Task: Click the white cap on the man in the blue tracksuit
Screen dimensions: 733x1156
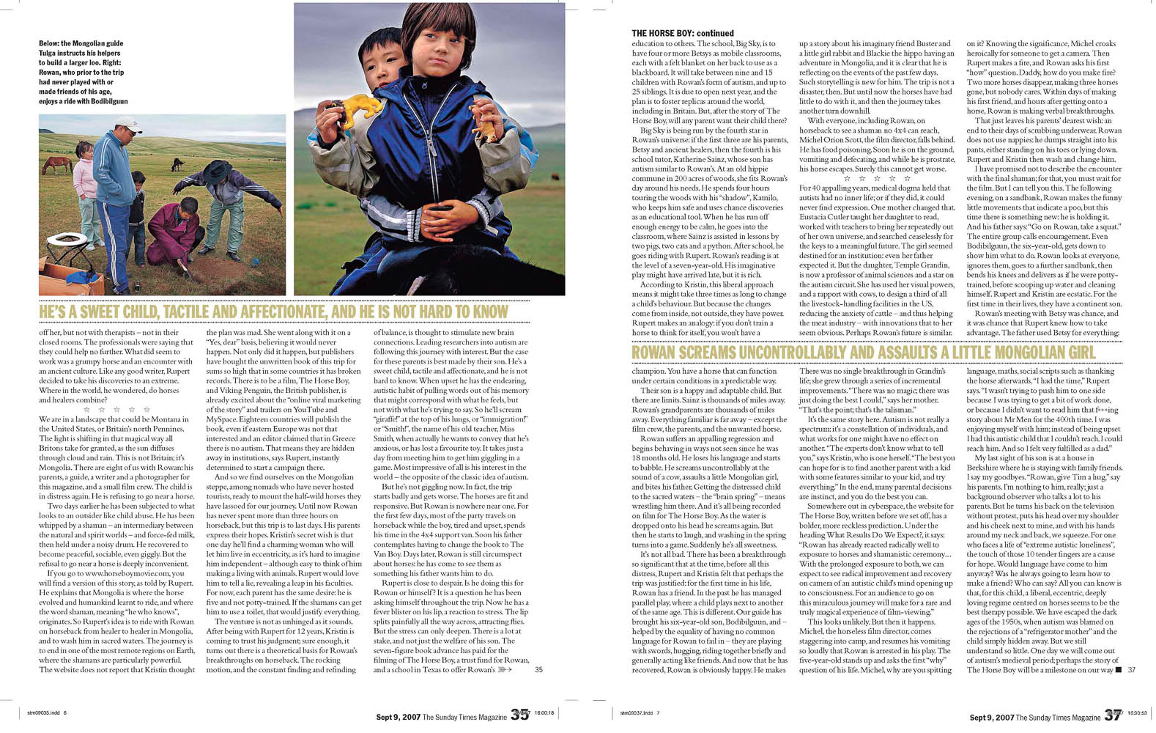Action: point(127,123)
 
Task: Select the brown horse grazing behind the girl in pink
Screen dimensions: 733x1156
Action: point(56,163)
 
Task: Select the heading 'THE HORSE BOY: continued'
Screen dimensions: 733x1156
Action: point(682,33)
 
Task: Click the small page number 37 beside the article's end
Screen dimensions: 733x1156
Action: point(1131,669)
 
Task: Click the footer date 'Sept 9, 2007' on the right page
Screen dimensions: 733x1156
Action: point(991,718)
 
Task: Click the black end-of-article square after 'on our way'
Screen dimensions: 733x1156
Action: point(1117,669)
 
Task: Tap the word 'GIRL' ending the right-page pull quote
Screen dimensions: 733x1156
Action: point(1075,353)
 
